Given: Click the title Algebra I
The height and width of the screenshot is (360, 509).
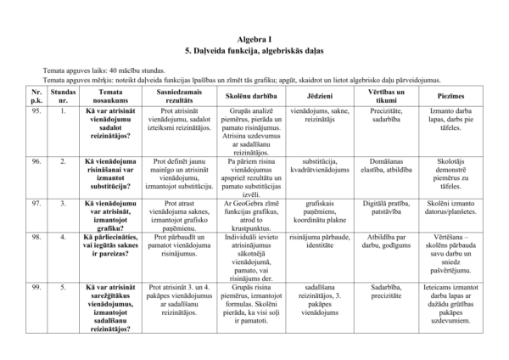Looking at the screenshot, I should pyautogui.click(x=255, y=40).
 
